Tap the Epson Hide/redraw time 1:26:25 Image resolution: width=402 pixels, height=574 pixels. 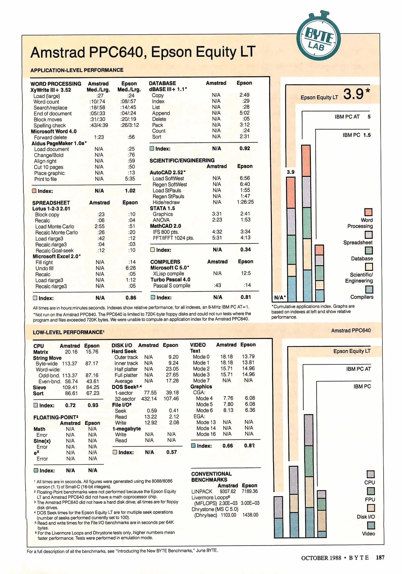[245, 202]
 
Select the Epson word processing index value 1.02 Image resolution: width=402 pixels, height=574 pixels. [130, 191]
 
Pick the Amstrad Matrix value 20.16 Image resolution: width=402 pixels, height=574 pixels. [71, 352]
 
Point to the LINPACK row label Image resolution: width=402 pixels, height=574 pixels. [202, 491]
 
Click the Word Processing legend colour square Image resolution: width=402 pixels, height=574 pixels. [368, 212]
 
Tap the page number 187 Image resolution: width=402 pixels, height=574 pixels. [380, 558]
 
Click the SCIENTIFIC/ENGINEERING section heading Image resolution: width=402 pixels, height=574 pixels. [182, 160]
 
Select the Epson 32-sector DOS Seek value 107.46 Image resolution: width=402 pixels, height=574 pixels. [171, 399]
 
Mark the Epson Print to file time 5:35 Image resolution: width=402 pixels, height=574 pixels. [130, 179]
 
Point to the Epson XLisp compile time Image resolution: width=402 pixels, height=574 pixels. [246, 273]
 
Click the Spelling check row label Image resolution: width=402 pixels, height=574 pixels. [49, 125]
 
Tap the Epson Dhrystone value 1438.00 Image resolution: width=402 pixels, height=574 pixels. [250, 515]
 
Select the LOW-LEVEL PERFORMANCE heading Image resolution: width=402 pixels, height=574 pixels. [68, 332]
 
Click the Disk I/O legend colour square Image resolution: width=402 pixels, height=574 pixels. [371, 508]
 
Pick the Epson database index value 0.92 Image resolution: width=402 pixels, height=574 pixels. [245, 148]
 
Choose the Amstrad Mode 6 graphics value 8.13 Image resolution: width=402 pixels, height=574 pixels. [228, 410]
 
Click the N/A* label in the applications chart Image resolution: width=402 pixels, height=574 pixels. [280, 297]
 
